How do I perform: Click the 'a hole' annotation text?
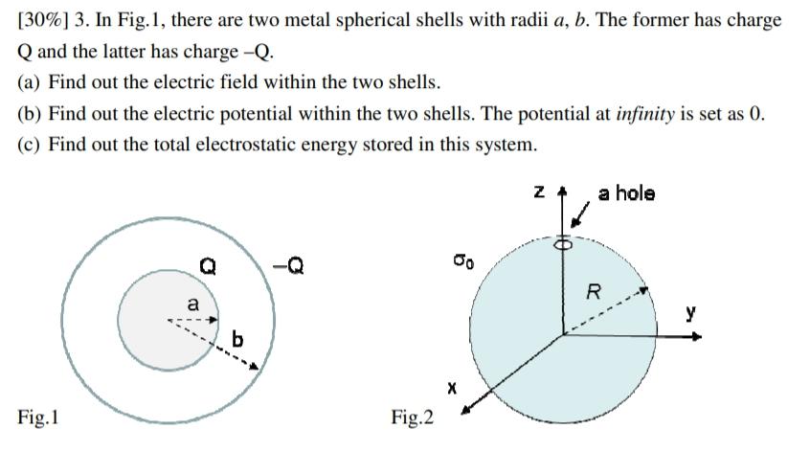pos(627,193)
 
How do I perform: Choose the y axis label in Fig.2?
pos(690,313)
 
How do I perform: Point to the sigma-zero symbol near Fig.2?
pos(461,259)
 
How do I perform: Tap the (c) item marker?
pos(30,145)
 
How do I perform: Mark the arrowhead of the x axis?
pos(467,413)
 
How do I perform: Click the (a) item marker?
pos(30,82)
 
